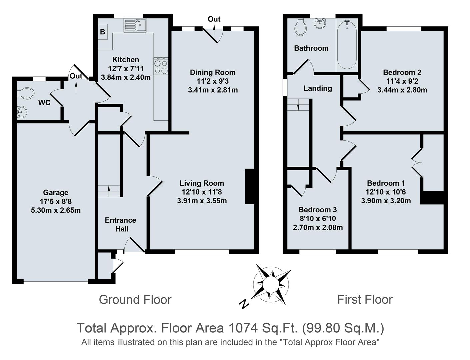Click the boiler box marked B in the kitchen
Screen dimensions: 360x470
[103, 32]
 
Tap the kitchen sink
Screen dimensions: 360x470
[135, 25]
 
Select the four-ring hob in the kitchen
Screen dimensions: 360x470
[161, 66]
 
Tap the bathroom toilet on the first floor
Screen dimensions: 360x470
[301, 27]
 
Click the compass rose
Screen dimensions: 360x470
[271, 284]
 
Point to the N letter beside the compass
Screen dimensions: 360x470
[245, 304]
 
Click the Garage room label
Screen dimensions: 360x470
[55, 192]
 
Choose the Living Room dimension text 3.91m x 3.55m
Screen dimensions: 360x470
[202, 201]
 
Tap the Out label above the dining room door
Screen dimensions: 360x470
[214, 19]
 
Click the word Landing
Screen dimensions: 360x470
[317, 88]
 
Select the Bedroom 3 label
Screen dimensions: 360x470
[317, 210]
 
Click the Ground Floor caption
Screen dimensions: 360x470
[135, 299]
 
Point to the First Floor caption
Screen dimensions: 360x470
[365, 299]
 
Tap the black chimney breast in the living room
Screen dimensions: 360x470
[250, 186]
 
